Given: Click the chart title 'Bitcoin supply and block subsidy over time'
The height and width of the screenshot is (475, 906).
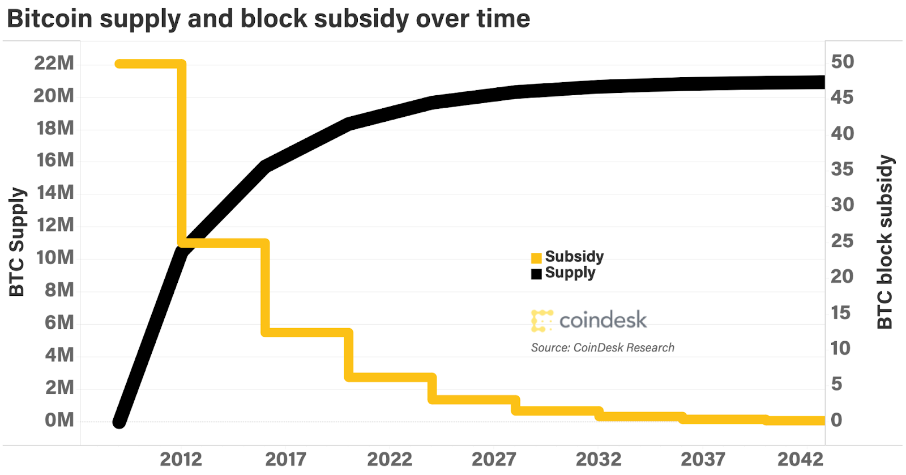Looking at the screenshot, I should [268, 19].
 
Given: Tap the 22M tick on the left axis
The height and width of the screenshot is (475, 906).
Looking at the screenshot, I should [54, 63].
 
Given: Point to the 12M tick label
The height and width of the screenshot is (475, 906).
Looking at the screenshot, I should [55, 225].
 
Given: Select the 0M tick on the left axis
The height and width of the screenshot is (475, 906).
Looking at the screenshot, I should [59, 420].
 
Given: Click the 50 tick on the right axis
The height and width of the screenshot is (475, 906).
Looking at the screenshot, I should [842, 62].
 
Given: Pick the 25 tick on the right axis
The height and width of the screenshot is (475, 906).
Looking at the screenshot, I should [841, 241].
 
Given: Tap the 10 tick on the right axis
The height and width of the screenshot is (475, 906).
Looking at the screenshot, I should [840, 348].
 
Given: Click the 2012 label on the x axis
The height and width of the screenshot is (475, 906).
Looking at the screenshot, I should [181, 459].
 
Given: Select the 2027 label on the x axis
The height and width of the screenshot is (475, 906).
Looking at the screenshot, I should [494, 459].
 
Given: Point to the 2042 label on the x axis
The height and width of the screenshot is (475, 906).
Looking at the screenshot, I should [800, 459].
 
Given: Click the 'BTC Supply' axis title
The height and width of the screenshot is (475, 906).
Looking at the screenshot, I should [17, 242].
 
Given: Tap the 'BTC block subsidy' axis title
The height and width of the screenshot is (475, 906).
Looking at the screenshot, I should [884, 242].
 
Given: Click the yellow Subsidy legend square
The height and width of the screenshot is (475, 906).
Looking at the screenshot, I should [536, 258].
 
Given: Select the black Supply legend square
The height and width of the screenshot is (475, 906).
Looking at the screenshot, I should [536, 274].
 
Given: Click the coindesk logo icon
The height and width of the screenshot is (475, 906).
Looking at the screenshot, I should [542, 321].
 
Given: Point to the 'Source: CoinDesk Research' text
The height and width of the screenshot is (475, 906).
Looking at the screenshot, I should [602, 347].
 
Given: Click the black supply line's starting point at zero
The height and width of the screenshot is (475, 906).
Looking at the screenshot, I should [119, 422].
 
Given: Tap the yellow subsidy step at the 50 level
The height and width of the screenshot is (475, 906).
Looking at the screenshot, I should [150, 64].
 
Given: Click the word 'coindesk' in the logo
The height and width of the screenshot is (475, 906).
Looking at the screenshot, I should [602, 320].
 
